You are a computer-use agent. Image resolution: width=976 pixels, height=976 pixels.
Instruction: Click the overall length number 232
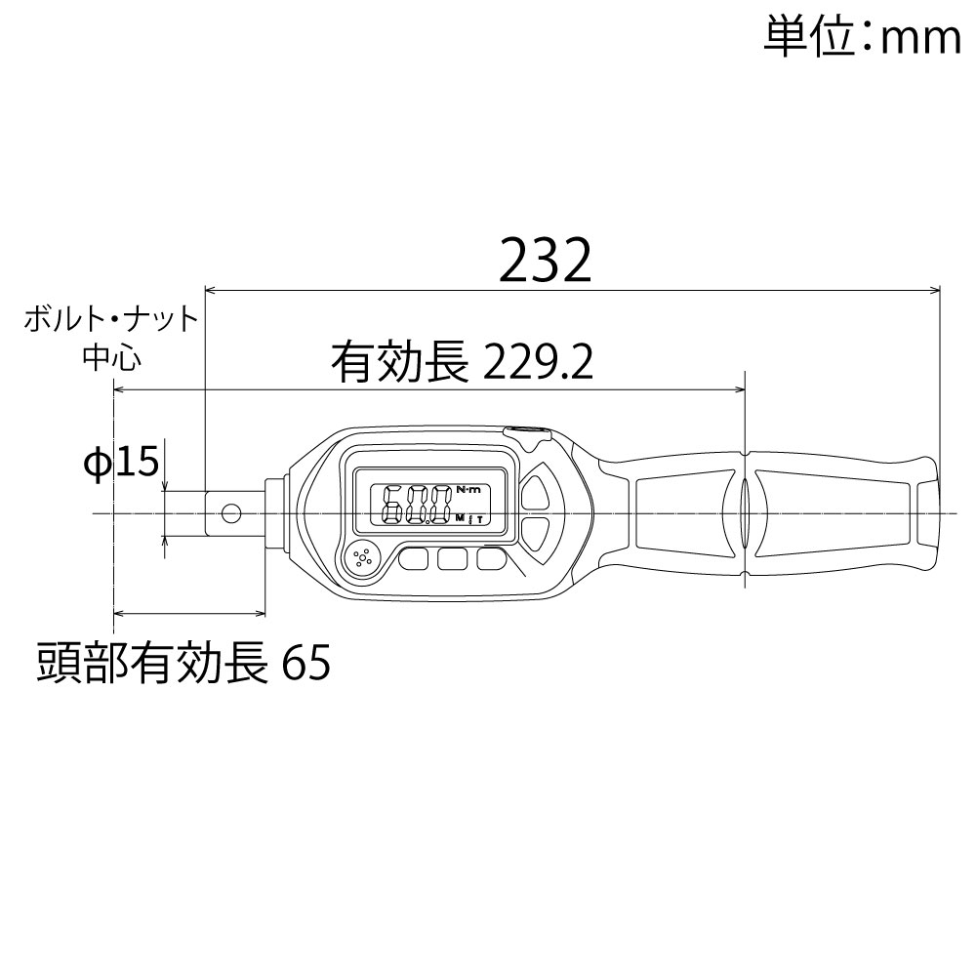(546, 260)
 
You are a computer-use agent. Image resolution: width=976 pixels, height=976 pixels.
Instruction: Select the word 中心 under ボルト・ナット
(112, 358)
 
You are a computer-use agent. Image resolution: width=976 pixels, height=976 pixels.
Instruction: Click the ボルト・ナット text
(110, 320)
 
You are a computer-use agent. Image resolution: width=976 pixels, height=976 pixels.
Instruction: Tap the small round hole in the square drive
(231, 512)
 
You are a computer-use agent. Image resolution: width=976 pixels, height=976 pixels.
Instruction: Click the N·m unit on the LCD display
(468, 489)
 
